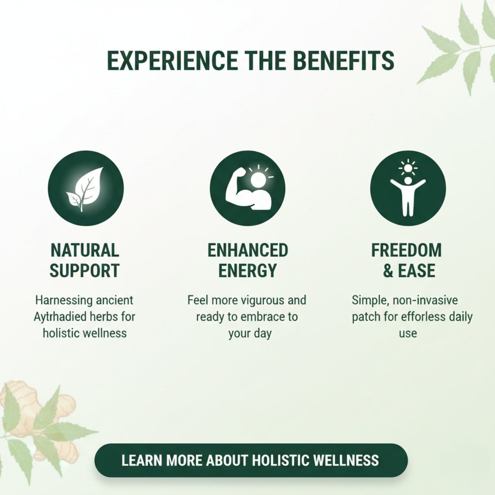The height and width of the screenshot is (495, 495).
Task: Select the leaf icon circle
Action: [x=86, y=188]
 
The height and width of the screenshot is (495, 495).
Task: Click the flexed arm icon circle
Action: [x=247, y=188]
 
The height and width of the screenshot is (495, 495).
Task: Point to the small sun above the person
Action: [x=408, y=168]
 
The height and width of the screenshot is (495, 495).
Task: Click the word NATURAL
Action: [x=85, y=250]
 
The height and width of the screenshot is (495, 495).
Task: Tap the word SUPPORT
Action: [x=85, y=271]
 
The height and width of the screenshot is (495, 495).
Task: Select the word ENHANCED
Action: [x=248, y=250]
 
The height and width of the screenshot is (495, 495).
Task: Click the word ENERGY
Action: [x=247, y=271]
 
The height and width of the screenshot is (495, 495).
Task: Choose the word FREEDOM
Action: [x=406, y=250]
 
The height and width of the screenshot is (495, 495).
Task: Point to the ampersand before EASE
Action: [x=388, y=271]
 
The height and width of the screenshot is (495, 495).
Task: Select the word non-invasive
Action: [x=425, y=300]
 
